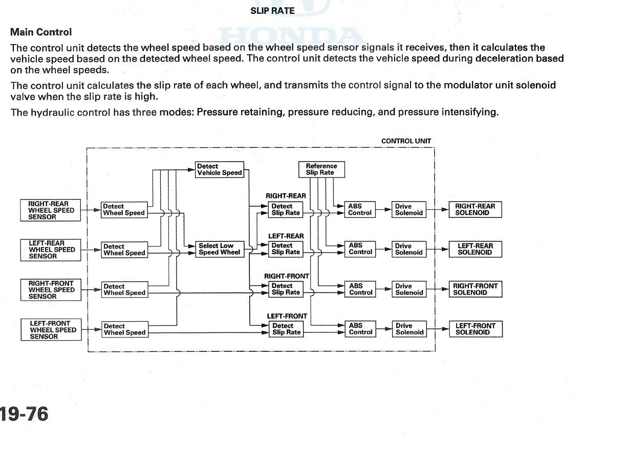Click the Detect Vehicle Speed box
point(220,170)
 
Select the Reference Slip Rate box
point(321,169)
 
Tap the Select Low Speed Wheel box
point(220,249)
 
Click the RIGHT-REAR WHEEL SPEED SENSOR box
point(51,210)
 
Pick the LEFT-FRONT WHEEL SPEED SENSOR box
point(51,329)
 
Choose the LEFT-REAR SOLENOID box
point(475,249)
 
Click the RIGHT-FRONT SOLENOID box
point(475,289)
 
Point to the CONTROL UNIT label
point(406,141)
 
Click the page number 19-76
point(24,414)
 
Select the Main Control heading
point(41,32)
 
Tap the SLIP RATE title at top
point(272,11)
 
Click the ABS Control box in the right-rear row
point(360,210)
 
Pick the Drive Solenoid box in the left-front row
point(409,329)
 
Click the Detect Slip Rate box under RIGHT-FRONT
point(286,289)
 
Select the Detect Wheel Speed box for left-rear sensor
point(124,250)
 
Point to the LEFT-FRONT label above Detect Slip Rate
point(287,317)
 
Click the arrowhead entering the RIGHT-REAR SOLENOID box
point(445,210)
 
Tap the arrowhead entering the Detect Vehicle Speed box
point(191,170)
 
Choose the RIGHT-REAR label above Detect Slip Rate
point(286,196)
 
